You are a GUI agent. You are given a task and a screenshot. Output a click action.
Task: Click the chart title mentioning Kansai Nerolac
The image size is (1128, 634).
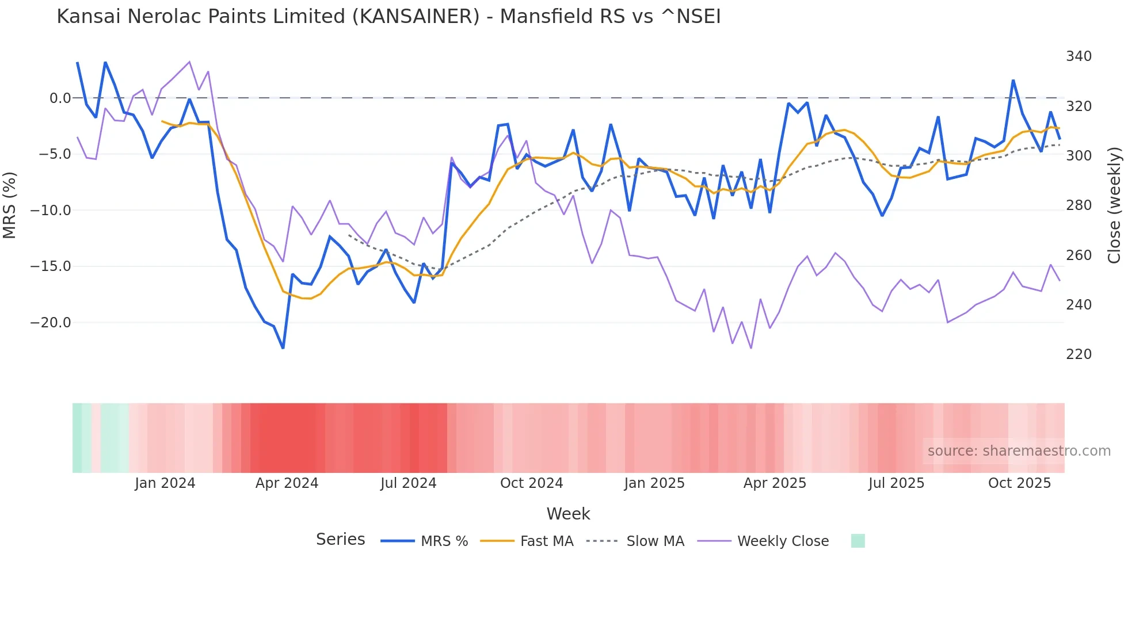pyautogui.click(x=388, y=17)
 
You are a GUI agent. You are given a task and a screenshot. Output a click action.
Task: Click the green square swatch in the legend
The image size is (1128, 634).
pyautogui.click(x=858, y=541)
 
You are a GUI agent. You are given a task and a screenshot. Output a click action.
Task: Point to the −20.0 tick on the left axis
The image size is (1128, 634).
pyautogui.click(x=51, y=323)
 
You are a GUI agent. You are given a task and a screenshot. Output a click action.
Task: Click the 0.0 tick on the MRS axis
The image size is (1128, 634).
pyautogui.click(x=60, y=98)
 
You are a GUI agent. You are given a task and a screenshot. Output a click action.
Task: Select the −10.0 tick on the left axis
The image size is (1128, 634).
pyautogui.click(x=51, y=211)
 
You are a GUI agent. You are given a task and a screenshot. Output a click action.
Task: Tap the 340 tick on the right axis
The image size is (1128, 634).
pyautogui.click(x=1079, y=56)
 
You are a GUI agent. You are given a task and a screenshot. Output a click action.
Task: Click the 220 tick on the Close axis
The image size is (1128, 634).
pyautogui.click(x=1079, y=354)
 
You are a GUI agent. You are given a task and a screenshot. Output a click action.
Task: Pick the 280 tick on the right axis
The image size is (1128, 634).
pyautogui.click(x=1079, y=205)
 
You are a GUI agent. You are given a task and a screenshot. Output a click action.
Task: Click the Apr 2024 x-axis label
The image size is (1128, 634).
pyautogui.click(x=287, y=483)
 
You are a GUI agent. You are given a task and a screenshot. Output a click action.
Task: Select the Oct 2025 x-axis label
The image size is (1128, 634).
pyautogui.click(x=1019, y=483)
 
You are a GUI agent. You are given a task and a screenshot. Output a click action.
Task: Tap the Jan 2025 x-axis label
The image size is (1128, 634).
pyautogui.click(x=654, y=483)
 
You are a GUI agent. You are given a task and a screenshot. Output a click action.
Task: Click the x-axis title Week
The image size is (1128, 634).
pyautogui.click(x=568, y=514)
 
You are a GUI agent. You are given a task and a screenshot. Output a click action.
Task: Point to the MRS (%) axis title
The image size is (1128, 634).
pyautogui.click(x=9, y=205)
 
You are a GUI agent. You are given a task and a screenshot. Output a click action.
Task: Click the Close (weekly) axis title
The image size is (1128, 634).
pyautogui.click(x=1115, y=205)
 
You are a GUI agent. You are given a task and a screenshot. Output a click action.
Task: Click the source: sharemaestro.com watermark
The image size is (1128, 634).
pyautogui.click(x=1019, y=451)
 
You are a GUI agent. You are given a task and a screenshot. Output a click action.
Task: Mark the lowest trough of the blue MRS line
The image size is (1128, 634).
pyautogui.click(x=283, y=347)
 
